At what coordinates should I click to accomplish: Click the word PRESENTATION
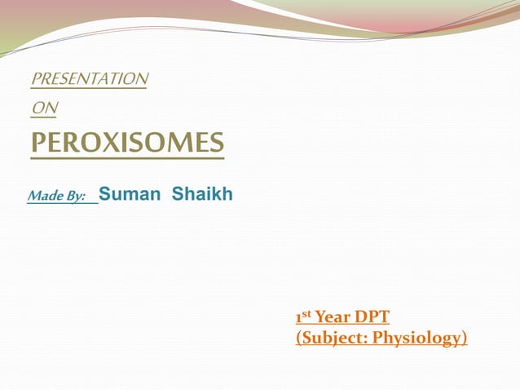89,79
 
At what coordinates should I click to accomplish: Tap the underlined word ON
43,107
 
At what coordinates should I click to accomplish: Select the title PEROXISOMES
126,144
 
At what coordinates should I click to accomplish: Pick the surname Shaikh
202,194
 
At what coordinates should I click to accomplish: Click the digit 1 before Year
298,318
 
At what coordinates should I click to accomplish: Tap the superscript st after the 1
306,313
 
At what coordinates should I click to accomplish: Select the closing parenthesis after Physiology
465,338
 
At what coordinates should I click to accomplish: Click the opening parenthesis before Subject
297,338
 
